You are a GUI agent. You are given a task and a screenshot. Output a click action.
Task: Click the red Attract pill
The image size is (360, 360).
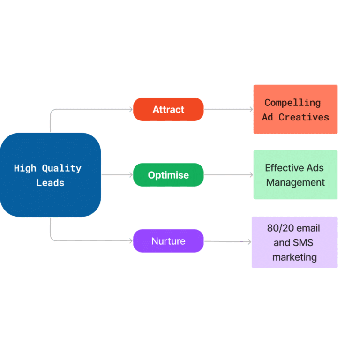tap(168, 109)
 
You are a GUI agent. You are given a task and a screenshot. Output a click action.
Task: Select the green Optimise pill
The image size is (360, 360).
tap(168, 175)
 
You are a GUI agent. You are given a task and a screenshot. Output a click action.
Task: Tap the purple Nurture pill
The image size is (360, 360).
tap(168, 241)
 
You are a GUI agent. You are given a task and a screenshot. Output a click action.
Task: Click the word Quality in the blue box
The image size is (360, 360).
tap(61, 169)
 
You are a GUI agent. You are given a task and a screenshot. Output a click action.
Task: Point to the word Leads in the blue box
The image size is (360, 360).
tap(50, 183)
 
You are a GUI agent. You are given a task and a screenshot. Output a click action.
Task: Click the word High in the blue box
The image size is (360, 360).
tap(25, 168)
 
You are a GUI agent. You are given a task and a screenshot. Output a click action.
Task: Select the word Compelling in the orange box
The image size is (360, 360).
tap(292, 103)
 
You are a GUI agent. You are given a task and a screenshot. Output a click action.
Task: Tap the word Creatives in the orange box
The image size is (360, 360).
tap(304, 117)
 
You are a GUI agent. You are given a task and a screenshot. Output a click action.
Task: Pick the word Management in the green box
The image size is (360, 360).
tap(295, 182)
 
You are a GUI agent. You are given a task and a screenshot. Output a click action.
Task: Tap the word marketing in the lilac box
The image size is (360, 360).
tap(294, 257)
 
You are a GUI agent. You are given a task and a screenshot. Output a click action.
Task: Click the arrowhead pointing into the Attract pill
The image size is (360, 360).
tap(131, 109)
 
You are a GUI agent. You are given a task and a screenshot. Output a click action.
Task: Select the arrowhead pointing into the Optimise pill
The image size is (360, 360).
tap(131, 175)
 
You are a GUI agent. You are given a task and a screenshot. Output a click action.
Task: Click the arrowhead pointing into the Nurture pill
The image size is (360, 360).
tap(131, 241)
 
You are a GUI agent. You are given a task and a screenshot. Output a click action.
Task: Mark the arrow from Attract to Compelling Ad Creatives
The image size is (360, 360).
tap(229, 109)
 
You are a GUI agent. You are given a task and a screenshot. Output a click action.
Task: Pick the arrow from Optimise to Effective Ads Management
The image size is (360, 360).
tap(229, 175)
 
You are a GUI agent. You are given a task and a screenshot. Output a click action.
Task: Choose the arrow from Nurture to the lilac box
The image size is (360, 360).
tap(228, 241)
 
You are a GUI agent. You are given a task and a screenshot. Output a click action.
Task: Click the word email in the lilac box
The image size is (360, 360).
tap(309, 228)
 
